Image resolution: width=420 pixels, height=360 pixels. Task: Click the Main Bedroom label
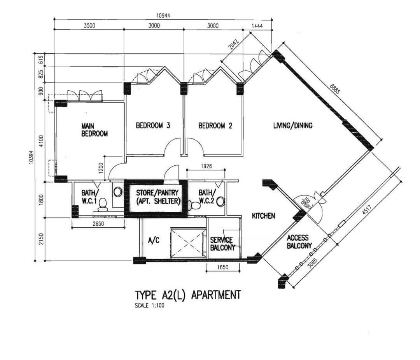pos(94,130)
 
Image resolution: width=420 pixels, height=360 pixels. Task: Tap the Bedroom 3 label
pos(153,125)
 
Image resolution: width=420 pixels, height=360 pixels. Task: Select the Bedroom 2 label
pos(215,125)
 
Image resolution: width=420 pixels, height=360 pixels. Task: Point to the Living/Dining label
pos(293,125)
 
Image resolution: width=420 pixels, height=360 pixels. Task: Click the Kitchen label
pos(264,216)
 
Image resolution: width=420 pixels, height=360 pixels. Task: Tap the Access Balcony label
pos(299,242)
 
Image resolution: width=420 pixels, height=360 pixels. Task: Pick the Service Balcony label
pos(222,244)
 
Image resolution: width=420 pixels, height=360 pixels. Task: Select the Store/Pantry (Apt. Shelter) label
pos(157,197)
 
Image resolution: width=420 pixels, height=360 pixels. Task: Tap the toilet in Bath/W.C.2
pos(194,205)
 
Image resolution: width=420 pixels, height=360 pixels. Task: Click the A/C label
pos(154,240)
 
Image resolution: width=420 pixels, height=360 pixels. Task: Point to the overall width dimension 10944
pos(163,16)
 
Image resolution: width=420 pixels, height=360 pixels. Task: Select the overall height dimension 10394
pos(32,156)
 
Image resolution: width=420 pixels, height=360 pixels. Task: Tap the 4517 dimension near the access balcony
pos(366,210)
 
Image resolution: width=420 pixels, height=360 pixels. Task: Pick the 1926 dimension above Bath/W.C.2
pos(206,166)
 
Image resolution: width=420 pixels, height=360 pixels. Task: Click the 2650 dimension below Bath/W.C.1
pos(98,223)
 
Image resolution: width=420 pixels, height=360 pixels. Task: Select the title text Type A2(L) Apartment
pos(188,295)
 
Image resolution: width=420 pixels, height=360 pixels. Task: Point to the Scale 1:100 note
pos(150,306)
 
